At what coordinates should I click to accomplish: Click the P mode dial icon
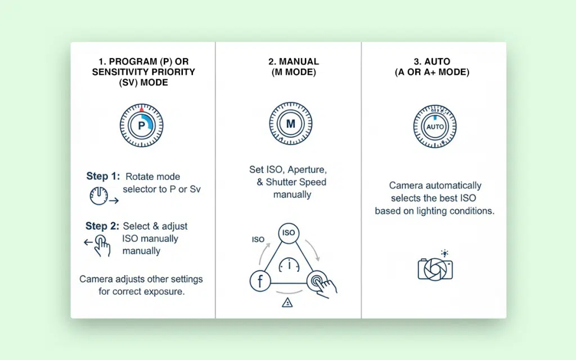[141, 125]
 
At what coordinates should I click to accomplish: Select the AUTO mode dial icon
[435, 126]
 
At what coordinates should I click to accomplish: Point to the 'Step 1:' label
[102, 177]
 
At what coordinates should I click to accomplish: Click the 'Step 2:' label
[102, 226]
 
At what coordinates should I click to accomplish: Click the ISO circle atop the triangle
[289, 232]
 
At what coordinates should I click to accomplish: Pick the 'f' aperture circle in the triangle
[259, 282]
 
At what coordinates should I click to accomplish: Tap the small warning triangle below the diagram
[288, 303]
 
